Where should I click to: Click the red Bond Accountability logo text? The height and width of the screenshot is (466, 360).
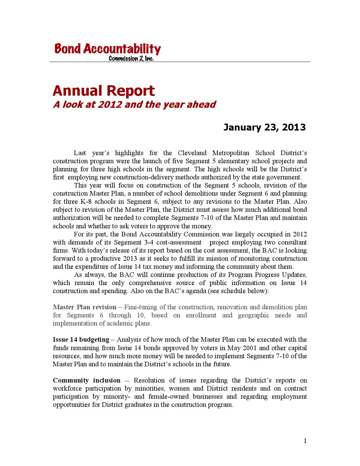click(107, 49)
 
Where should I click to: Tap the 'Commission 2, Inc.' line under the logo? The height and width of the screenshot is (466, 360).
click(131, 59)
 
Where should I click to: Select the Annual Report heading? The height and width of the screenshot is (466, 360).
click(104, 91)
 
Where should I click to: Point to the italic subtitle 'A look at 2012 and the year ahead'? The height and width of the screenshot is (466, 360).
click(134, 104)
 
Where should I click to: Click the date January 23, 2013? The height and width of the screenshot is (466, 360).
click(264, 127)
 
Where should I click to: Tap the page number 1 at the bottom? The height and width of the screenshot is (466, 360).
click(305, 440)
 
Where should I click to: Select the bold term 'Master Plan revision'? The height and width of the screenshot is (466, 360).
click(84, 307)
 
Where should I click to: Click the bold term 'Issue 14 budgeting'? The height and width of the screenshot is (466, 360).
click(81, 340)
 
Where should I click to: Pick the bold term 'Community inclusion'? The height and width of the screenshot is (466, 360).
click(87, 380)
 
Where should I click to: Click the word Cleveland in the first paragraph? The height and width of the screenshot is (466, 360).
click(192, 153)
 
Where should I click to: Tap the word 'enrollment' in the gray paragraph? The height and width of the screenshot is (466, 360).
click(201, 315)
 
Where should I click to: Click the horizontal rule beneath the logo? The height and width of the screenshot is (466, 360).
click(180, 62)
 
